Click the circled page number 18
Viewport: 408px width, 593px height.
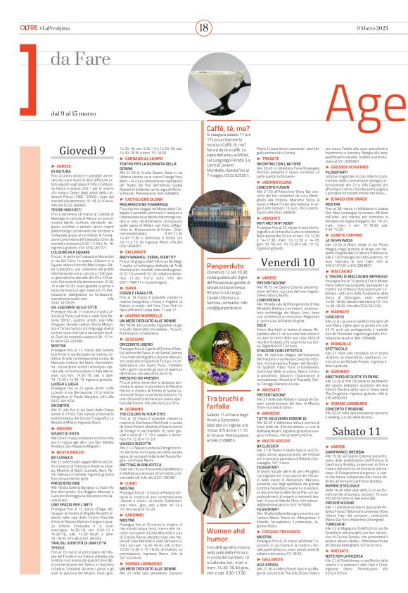coord(204,9)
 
